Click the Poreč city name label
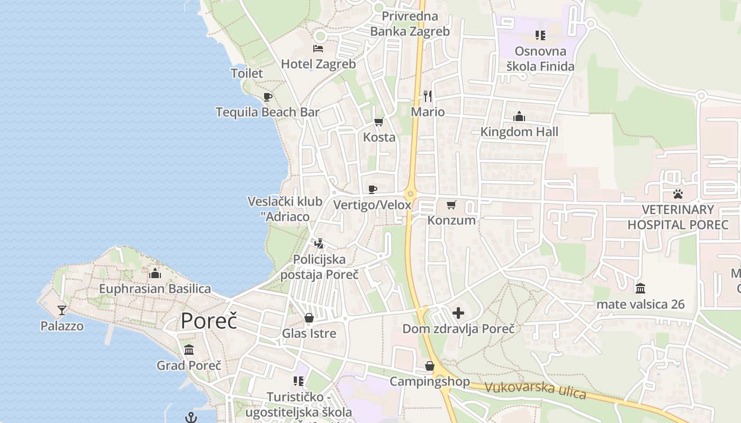pyautogui.click(x=209, y=320)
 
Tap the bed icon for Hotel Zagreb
pyautogui.click(x=318, y=49)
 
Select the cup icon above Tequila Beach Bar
pyautogui.click(x=268, y=97)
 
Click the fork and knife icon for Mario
pyautogui.click(x=428, y=96)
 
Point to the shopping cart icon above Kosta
pyautogui.click(x=379, y=122)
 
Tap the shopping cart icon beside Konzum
pyautogui.click(x=451, y=205)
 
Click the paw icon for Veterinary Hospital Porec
pyautogui.click(x=678, y=194)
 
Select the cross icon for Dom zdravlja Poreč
pyautogui.click(x=458, y=313)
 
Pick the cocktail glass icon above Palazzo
pyautogui.click(x=62, y=310)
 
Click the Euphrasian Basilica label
pyautogui.click(x=155, y=289)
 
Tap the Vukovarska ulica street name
pyautogui.click(x=535, y=390)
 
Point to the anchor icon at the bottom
pyautogui.click(x=191, y=418)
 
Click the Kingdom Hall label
pyautogui.click(x=519, y=132)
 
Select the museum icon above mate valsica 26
pyautogui.click(x=640, y=288)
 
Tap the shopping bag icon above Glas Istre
pyautogui.click(x=309, y=318)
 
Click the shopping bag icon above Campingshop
pyautogui.click(x=430, y=366)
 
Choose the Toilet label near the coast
pyautogui.click(x=247, y=73)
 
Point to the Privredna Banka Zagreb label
pyautogui.click(x=410, y=24)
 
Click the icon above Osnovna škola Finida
pyautogui.click(x=540, y=35)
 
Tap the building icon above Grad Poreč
pyautogui.click(x=189, y=350)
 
